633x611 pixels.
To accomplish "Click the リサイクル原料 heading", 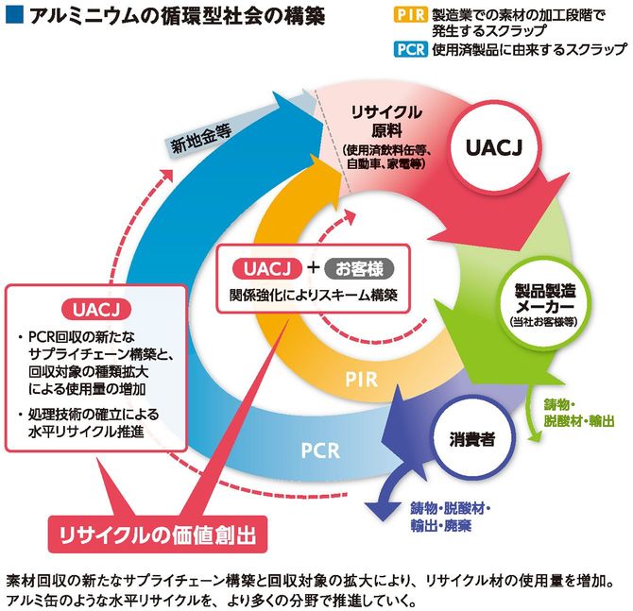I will [385, 121].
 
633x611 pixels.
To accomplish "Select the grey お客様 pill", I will [356, 267].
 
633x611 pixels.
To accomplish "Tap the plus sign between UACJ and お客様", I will [313, 267].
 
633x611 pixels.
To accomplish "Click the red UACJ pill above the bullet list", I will [94, 309].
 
